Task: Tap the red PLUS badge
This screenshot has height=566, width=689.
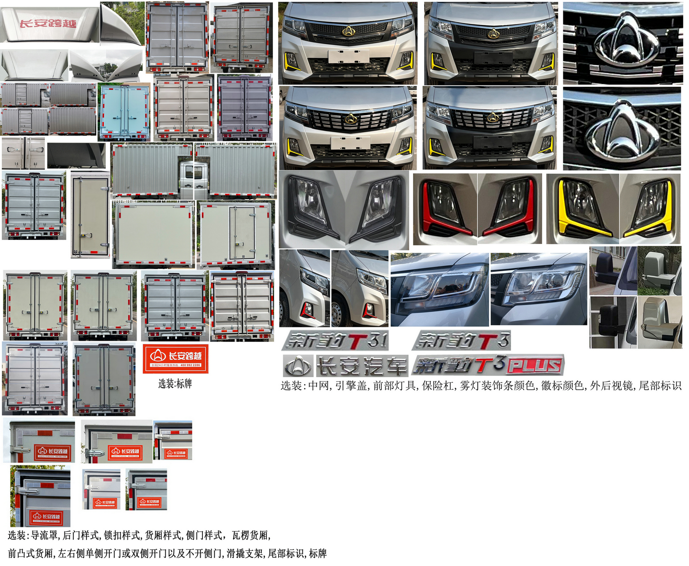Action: click(x=535, y=365)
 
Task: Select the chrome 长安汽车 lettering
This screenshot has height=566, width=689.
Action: click(x=361, y=366)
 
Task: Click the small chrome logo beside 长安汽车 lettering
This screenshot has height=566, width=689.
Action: click(x=298, y=366)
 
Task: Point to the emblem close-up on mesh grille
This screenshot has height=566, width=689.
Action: click(x=622, y=129)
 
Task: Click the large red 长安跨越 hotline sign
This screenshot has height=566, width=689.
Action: click(x=175, y=359)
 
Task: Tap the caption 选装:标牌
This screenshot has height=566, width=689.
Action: click(x=175, y=384)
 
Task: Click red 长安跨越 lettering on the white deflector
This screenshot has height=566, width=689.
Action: click(x=48, y=23)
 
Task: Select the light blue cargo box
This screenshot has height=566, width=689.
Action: click(x=124, y=111)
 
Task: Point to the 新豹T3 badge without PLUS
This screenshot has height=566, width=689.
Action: click(x=462, y=341)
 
